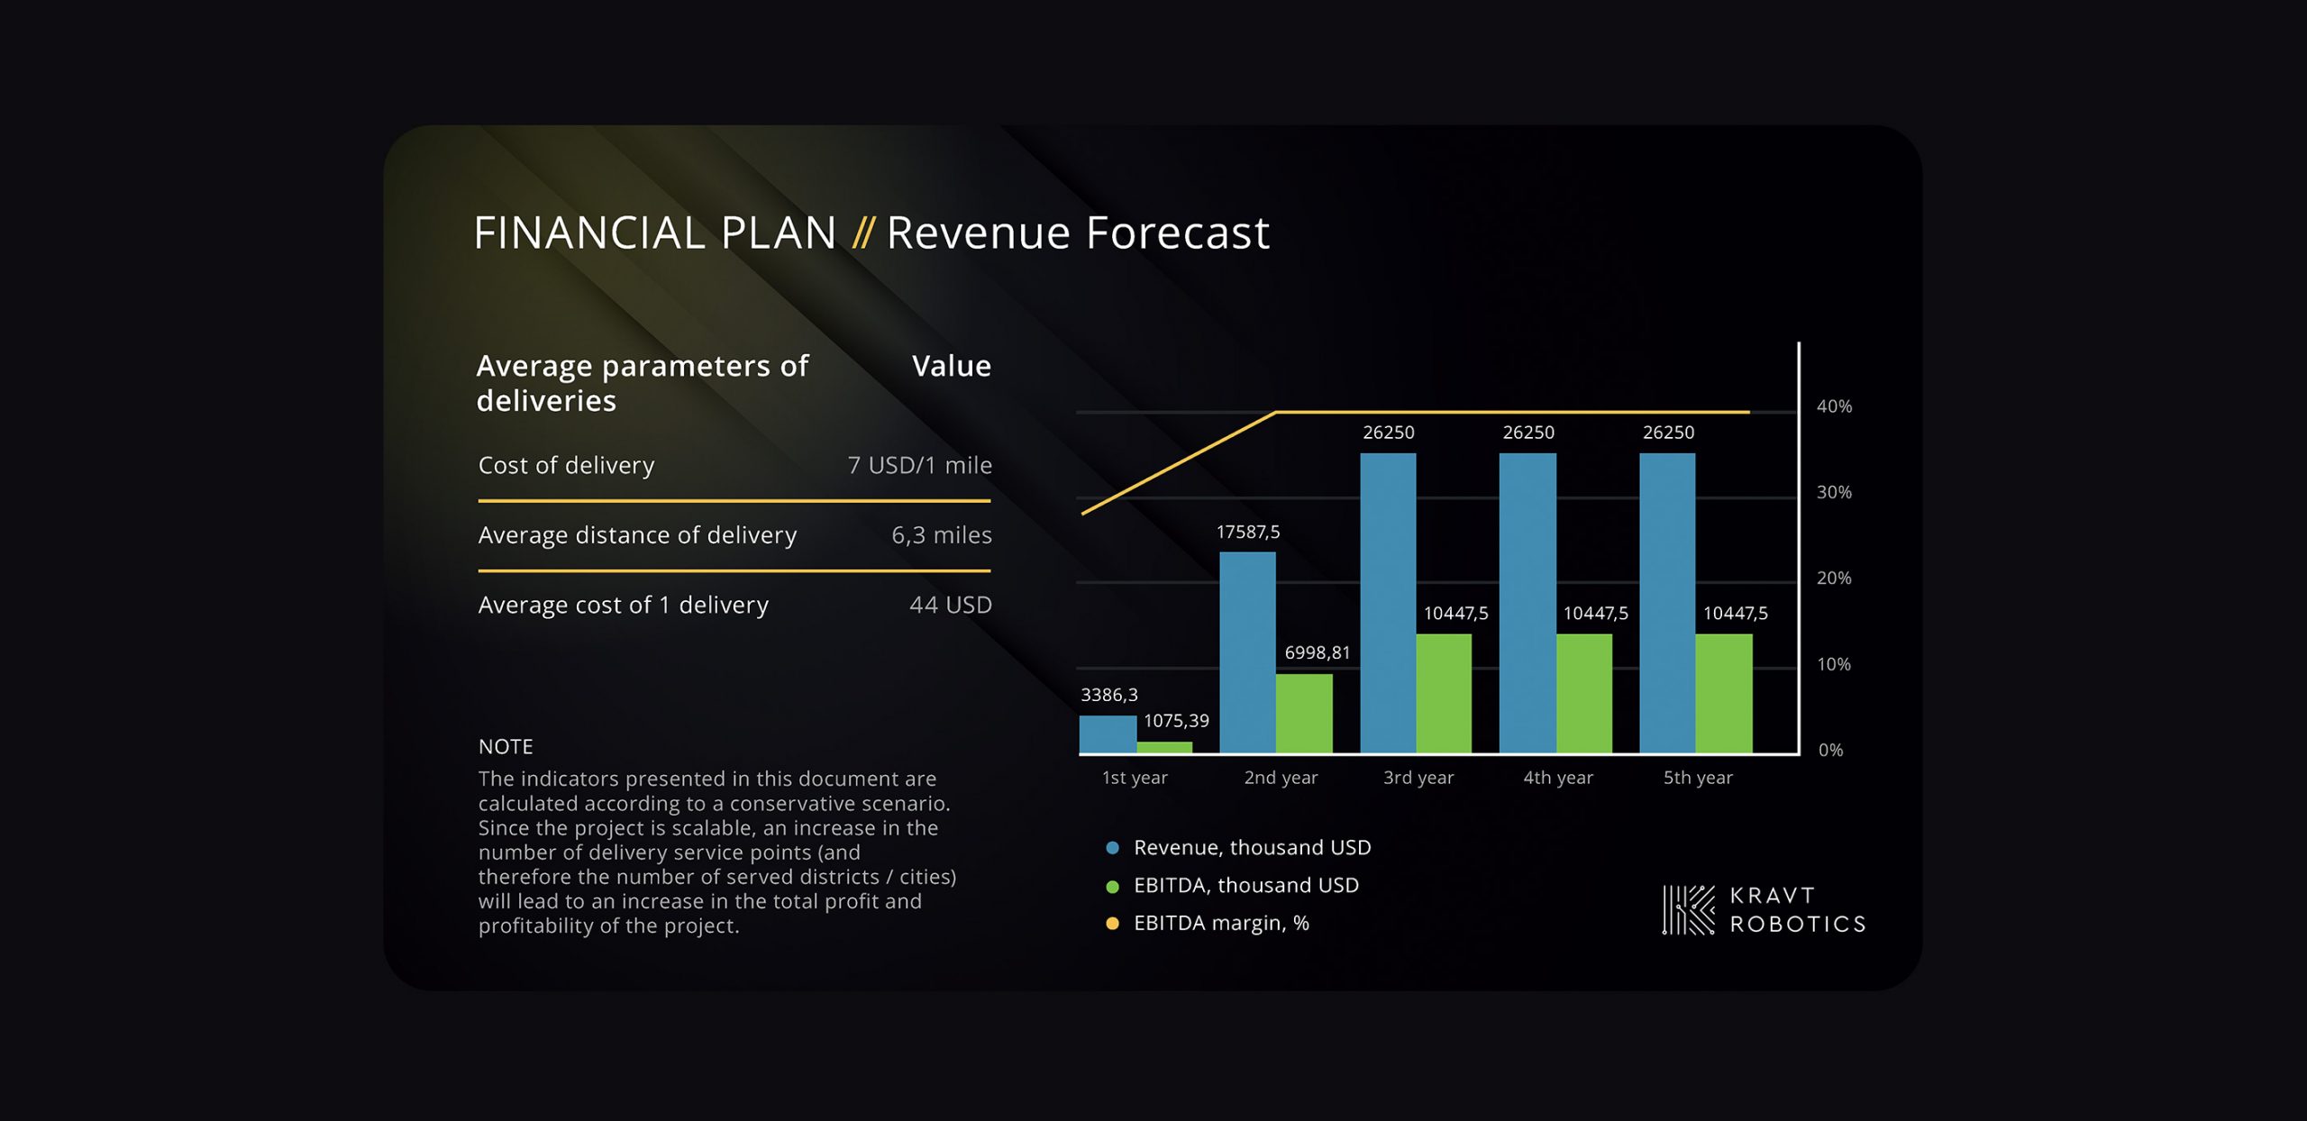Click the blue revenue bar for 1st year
(1108, 734)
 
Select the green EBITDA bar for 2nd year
(1304, 713)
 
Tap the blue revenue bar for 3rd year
(1388, 603)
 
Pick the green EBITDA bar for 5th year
(1724, 693)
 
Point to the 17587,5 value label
(1248, 532)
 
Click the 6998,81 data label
(1318, 652)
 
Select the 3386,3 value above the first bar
(1109, 695)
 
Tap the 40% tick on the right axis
(1834, 406)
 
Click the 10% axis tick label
(1834, 664)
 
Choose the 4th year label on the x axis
(1558, 778)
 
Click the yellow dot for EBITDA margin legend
(1113, 924)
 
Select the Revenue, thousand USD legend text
(1253, 848)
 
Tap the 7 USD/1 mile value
(919, 465)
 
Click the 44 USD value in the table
(951, 605)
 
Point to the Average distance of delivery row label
(637, 535)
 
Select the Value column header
(952, 366)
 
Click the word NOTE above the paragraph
(506, 746)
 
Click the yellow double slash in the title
(862, 232)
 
